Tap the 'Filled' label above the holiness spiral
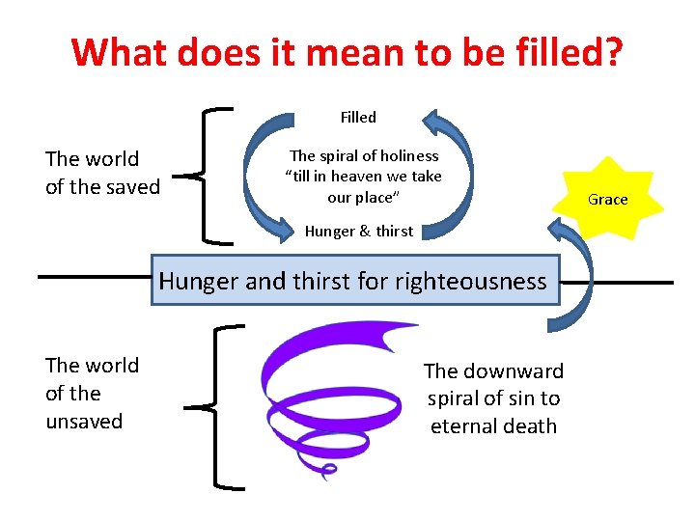[358, 117]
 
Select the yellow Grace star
[608, 199]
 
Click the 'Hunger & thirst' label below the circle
[358, 231]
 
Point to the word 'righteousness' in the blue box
[479, 282]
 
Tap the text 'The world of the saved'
[102, 173]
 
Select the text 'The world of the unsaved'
[92, 393]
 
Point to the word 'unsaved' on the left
[84, 421]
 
